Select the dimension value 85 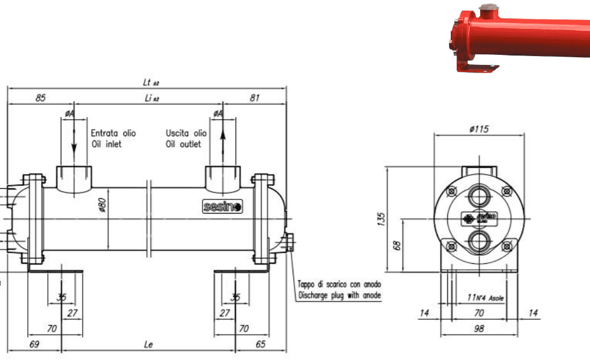[x=40, y=98]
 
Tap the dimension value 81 [x=254, y=98]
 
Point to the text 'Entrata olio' [x=113, y=133]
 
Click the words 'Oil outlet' [x=183, y=144]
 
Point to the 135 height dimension [x=381, y=219]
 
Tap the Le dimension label [x=149, y=344]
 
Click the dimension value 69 [x=34, y=344]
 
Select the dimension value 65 [x=261, y=344]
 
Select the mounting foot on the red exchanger [x=478, y=68]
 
